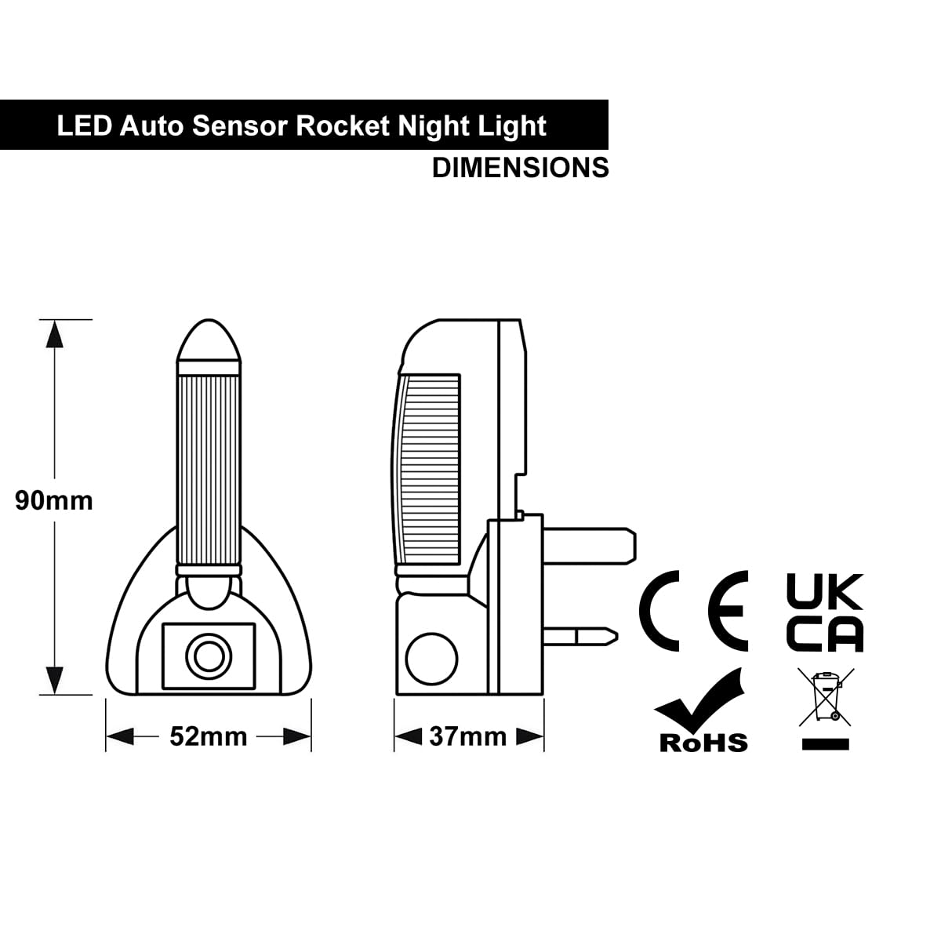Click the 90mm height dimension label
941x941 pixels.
(x=54, y=500)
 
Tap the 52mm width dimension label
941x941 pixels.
(x=209, y=736)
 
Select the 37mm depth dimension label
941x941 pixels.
(x=468, y=736)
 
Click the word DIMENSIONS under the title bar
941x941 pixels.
(x=521, y=168)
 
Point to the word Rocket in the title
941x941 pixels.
(x=343, y=125)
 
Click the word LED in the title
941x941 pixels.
(x=85, y=125)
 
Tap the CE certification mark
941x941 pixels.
(x=693, y=610)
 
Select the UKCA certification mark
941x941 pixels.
(x=825, y=613)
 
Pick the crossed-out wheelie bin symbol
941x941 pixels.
(x=825, y=697)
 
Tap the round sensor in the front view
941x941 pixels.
(x=209, y=656)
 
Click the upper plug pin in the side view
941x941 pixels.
(x=590, y=546)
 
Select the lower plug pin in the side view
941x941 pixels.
(x=580, y=637)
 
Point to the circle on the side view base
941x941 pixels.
(x=431, y=659)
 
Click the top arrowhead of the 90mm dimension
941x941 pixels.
(x=54, y=335)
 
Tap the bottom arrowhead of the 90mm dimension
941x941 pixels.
(x=54, y=680)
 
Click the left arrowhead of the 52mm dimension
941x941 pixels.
(x=120, y=736)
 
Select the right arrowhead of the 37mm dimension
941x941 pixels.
(x=530, y=736)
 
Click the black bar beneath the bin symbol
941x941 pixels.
(x=825, y=743)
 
